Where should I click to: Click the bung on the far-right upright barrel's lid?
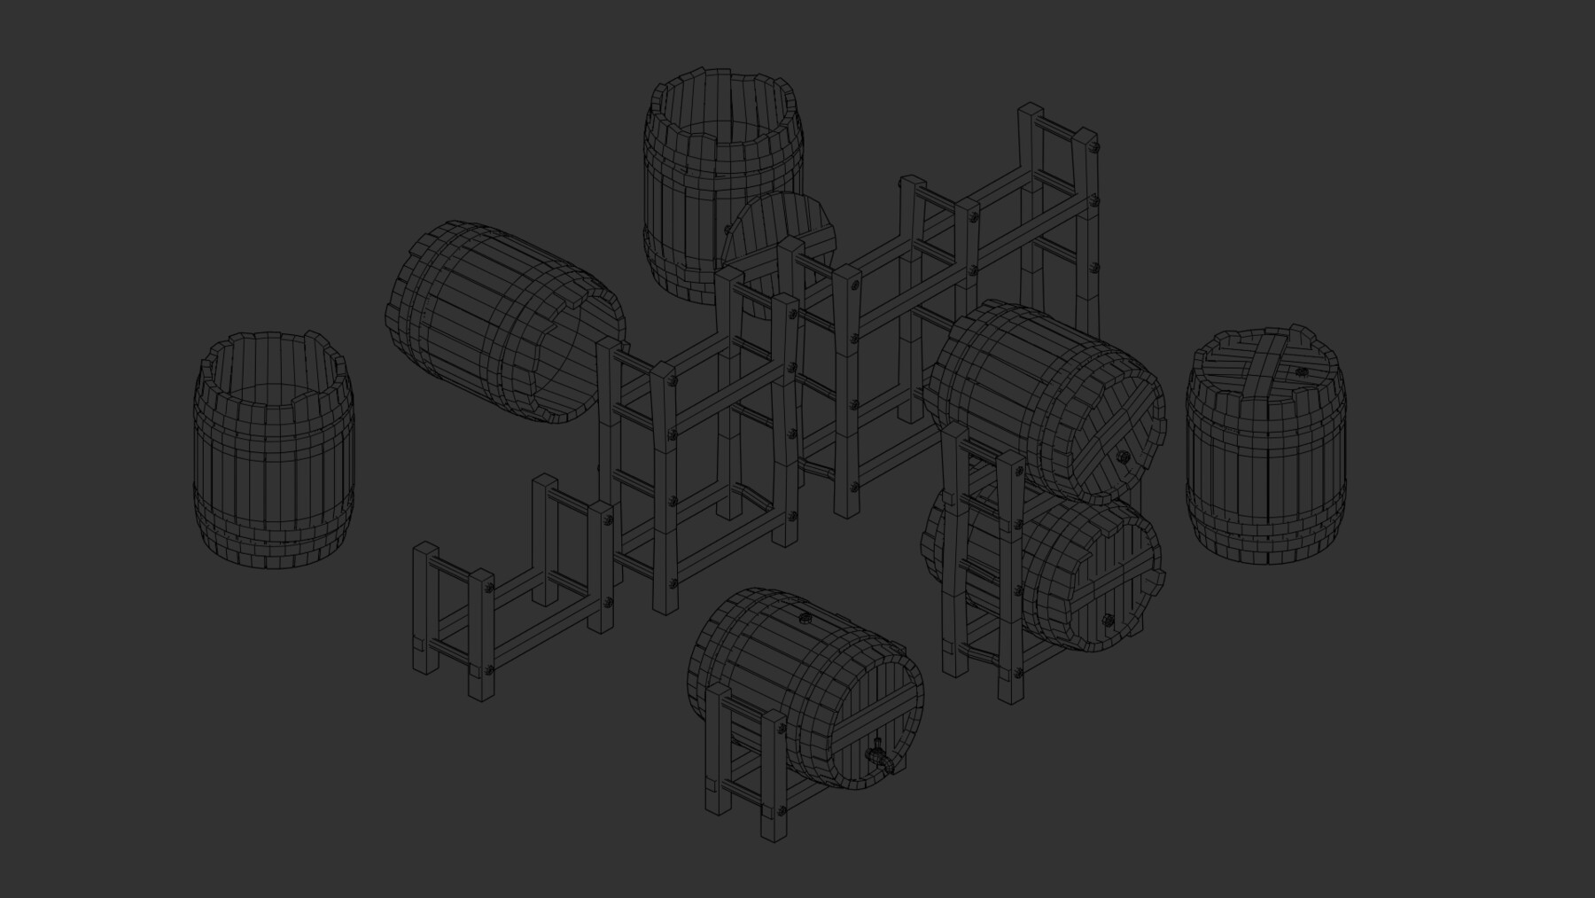coord(1301,373)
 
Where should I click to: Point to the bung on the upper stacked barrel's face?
coord(1122,458)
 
